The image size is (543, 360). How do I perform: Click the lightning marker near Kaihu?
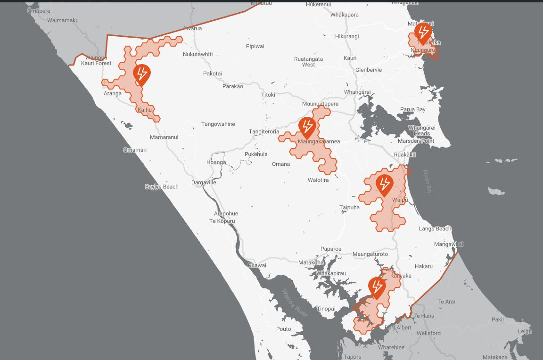tap(141, 74)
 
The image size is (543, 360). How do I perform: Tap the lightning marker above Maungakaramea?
tap(307, 127)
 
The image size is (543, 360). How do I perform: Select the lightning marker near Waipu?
tap(384, 184)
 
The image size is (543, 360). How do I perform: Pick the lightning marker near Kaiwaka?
tap(377, 286)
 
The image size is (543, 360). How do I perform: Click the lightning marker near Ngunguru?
tap(423, 33)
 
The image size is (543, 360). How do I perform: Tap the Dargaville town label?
tap(204, 182)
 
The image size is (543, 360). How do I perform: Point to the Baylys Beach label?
tap(162, 187)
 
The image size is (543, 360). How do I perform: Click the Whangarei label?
tap(357, 92)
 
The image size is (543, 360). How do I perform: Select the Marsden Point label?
tap(416, 141)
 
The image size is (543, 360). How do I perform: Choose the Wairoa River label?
tap(295, 303)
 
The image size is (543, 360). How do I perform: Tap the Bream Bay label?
tap(428, 182)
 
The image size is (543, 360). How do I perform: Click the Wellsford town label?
tap(428, 333)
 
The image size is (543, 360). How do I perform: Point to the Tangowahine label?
tap(218, 124)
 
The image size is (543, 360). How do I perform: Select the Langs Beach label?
tap(435, 229)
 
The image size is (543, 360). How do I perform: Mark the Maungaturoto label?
tap(370, 254)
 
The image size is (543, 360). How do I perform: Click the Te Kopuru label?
tap(222, 221)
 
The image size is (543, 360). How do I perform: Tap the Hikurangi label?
tap(347, 36)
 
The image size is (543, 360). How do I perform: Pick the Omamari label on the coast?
tap(135, 150)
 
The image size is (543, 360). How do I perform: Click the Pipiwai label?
tap(255, 46)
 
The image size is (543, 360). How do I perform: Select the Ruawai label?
tap(257, 265)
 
